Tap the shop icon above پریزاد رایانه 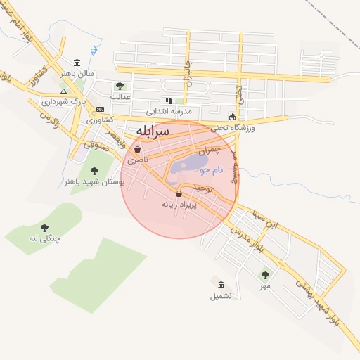(178, 193)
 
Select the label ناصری (138, 160)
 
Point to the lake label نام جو (211, 170)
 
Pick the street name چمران (209, 150)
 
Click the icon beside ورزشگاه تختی (233, 117)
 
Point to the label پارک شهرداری (88, 101)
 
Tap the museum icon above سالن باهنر (77, 62)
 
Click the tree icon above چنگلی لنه (45, 227)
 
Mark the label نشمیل (220, 296)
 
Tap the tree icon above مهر (264, 275)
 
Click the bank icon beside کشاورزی (101, 110)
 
